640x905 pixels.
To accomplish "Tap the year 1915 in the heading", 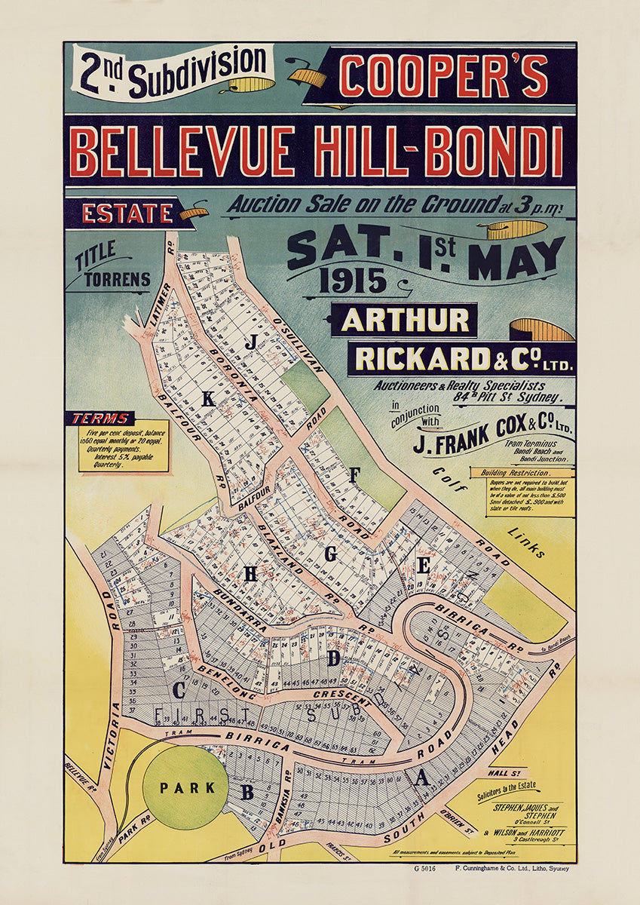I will (x=352, y=281).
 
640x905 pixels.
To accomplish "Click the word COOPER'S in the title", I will (x=443, y=77).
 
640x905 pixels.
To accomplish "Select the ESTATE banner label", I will (x=127, y=213).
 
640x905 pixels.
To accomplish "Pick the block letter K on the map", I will (x=207, y=399).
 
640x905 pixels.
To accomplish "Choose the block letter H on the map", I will (x=250, y=574).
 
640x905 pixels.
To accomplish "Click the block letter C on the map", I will (x=179, y=689).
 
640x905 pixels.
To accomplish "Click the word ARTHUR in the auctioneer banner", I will (x=404, y=321).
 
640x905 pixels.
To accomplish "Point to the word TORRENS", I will (x=117, y=279).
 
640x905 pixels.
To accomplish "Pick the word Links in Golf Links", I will (x=525, y=542).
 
